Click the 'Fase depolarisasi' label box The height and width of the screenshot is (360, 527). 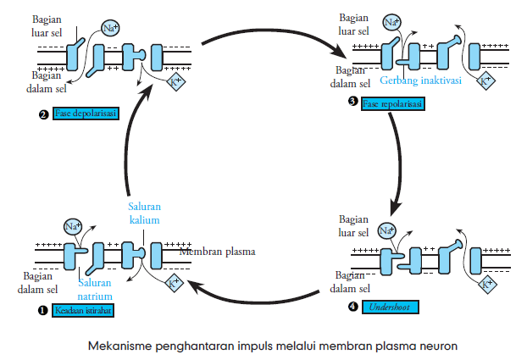86,114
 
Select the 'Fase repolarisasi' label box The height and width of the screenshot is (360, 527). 392,103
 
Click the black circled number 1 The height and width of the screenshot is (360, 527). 41,310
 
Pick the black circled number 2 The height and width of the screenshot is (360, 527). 42,114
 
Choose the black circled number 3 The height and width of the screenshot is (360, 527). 353,103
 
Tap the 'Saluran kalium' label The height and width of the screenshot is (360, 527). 143,212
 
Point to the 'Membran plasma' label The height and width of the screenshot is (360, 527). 217,252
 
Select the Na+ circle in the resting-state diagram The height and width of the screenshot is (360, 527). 73,226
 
